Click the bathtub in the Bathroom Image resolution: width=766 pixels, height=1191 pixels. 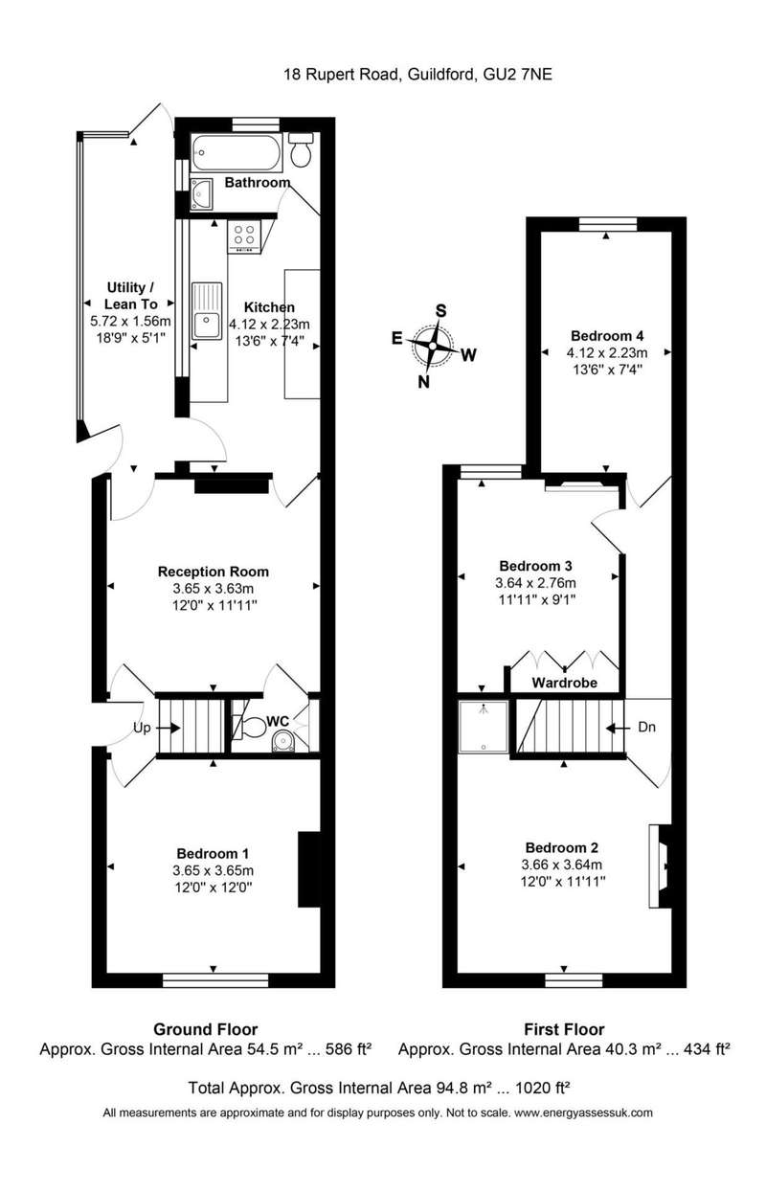click(235, 153)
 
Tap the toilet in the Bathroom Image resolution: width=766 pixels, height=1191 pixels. click(301, 149)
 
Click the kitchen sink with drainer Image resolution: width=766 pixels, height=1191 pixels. click(208, 311)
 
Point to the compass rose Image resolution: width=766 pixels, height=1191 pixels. click(433, 347)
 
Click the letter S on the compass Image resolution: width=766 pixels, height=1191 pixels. click(440, 310)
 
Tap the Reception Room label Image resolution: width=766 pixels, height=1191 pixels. click(214, 572)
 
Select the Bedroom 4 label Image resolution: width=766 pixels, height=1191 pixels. click(607, 335)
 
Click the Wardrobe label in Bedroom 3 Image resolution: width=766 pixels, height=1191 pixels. click(565, 683)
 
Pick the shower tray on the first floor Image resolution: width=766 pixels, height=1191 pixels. click(484, 726)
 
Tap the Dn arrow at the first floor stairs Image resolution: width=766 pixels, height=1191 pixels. click(617, 728)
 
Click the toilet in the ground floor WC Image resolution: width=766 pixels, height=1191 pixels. click(252, 728)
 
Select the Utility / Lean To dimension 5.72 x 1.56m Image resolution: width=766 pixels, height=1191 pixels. click(130, 321)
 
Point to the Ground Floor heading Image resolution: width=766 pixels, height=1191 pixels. click(205, 1030)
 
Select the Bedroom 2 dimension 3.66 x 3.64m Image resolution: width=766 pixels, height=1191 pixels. click(562, 865)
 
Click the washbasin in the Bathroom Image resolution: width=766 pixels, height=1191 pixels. click(201, 193)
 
